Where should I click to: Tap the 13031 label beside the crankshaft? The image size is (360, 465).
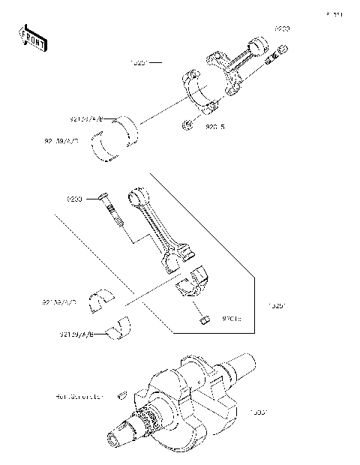259,412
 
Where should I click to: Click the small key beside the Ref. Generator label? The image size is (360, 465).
121,392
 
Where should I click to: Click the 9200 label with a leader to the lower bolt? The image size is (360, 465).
74,199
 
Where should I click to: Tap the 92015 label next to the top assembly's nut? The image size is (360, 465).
215,127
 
